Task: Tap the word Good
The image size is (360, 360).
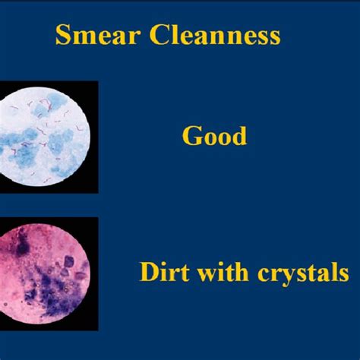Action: (x=214, y=137)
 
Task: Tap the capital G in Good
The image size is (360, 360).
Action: (x=191, y=137)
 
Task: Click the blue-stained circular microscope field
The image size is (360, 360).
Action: (x=46, y=137)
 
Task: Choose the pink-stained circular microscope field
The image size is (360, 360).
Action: (x=46, y=272)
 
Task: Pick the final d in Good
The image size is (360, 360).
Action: (x=238, y=137)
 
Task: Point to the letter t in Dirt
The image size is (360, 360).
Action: (x=174, y=272)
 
